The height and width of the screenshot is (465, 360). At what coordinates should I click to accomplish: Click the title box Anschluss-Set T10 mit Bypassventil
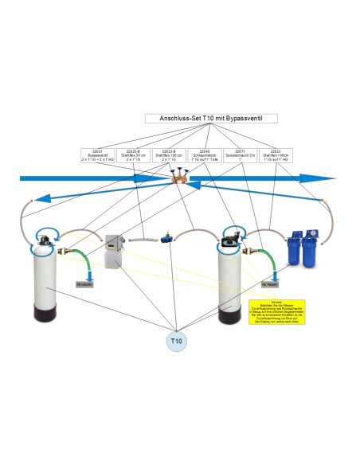point(179,118)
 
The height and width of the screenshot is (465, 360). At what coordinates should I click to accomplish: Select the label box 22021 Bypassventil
point(98,155)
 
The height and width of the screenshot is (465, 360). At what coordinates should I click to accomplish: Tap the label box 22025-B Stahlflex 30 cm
point(134,155)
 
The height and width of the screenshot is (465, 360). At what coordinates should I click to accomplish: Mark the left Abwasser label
point(85,283)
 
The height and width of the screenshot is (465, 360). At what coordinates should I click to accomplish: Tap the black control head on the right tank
point(234,233)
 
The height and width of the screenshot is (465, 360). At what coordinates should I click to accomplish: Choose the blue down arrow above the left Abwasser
point(85,268)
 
